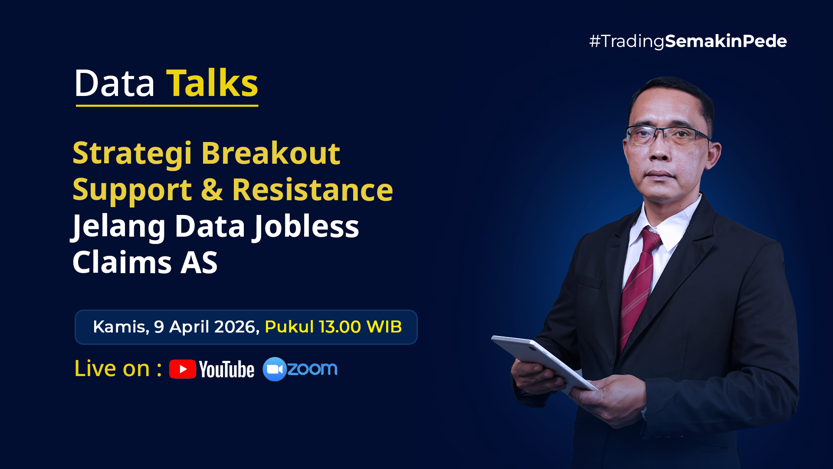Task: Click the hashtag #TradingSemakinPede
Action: (688, 41)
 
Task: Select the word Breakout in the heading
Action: (271, 153)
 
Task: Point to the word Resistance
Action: (312, 190)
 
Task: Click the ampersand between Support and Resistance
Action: (212, 190)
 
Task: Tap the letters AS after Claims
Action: (199, 262)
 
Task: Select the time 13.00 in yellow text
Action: (340, 327)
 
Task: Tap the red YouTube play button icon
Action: (183, 369)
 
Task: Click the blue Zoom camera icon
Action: (275, 369)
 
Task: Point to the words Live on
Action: (112, 368)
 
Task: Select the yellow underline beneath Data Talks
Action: (167, 105)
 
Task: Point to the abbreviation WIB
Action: (384, 327)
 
